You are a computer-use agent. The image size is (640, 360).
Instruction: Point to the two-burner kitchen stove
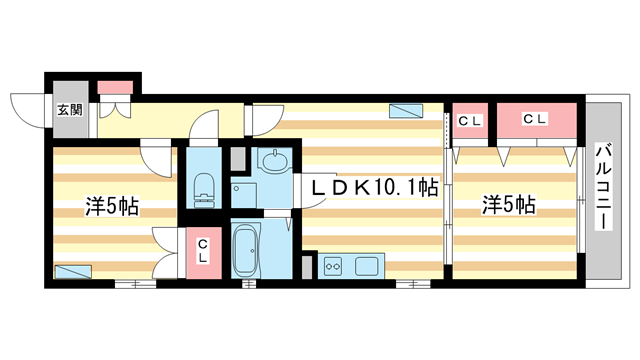coord(333,266)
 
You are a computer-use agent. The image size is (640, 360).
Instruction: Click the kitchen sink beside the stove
coord(365,266)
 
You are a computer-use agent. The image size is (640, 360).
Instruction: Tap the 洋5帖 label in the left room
coord(111,207)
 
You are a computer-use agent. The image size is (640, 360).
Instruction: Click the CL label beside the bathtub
coord(203,250)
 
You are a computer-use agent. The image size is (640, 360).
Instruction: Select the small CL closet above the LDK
coord(470,121)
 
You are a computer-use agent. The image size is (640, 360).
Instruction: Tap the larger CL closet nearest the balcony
coord(536,120)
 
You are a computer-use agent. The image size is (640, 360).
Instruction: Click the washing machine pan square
coord(245,192)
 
